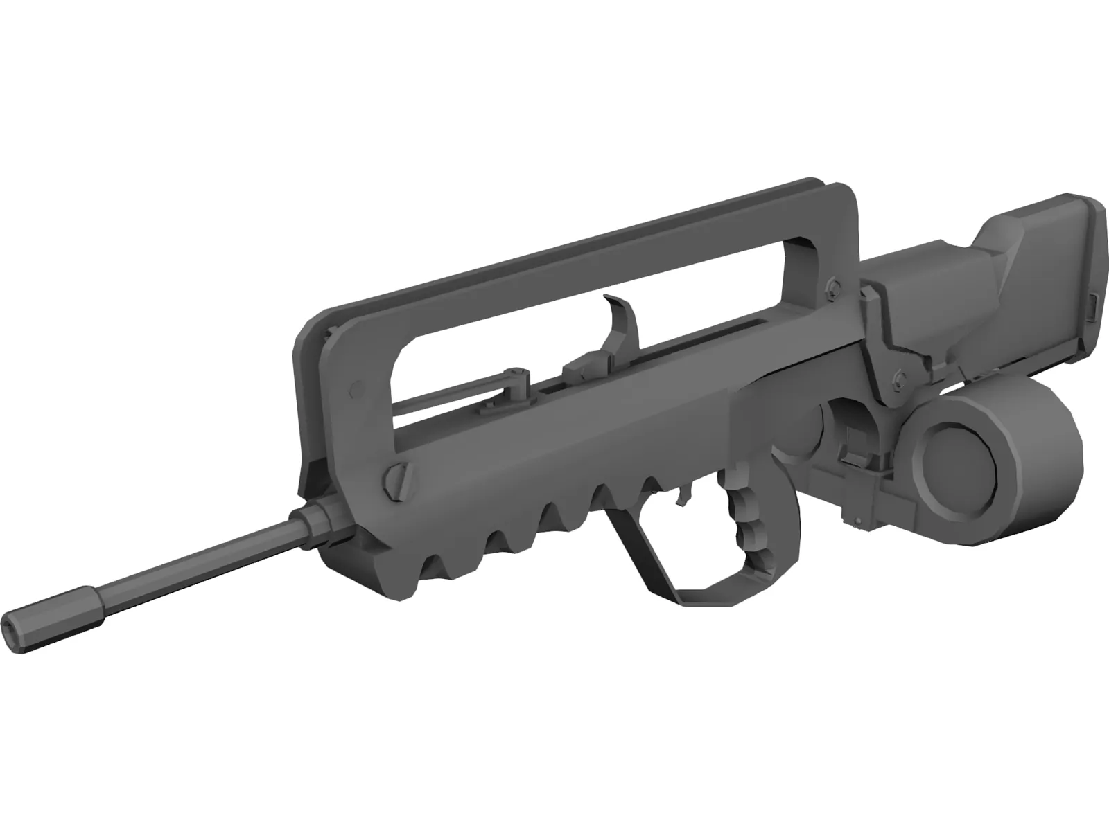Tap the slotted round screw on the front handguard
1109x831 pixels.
tap(394, 479)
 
